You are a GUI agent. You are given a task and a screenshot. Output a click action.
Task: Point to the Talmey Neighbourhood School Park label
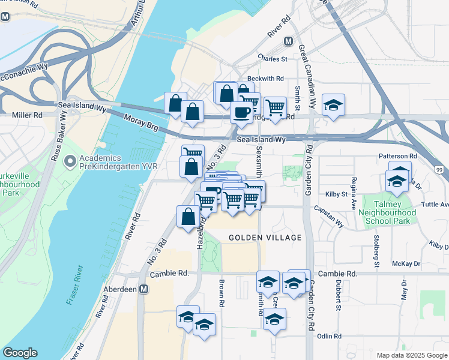pyautogui.click(x=387, y=212)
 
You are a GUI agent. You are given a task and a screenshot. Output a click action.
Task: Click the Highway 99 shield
pyautogui.click(x=439, y=170)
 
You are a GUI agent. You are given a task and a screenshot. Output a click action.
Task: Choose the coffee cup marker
pyautogui.click(x=241, y=112)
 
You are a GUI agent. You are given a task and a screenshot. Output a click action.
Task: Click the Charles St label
pyautogui.click(x=273, y=59)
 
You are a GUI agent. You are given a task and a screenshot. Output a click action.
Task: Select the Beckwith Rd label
pyautogui.click(x=265, y=79)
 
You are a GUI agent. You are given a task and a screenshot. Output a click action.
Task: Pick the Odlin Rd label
pyautogui.click(x=330, y=336)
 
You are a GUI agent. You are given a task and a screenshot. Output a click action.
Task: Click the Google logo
pyautogui.click(x=20, y=353)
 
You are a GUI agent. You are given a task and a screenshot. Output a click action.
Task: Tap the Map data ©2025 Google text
pyautogui.click(x=411, y=355)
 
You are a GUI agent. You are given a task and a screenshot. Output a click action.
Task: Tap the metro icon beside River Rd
pyautogui.click(x=289, y=41)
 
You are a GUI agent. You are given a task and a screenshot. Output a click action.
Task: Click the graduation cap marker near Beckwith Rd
pyautogui.click(x=333, y=105)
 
